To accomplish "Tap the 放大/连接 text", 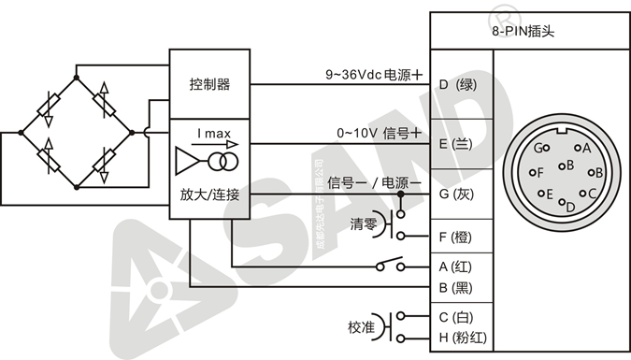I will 209,195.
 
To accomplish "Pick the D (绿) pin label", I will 458,85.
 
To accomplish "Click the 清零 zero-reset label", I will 364,224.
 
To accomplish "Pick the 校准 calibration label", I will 361,327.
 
